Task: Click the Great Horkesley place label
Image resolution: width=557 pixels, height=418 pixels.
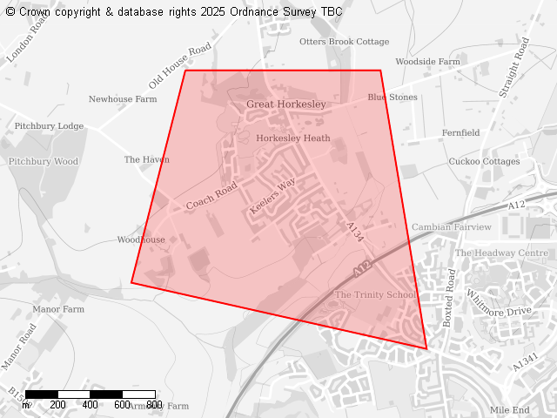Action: pos(285,104)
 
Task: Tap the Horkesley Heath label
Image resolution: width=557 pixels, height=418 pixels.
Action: pos(293,138)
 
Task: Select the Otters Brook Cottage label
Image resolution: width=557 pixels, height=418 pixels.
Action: pos(344,42)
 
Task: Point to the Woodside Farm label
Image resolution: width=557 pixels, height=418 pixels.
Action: pos(427,63)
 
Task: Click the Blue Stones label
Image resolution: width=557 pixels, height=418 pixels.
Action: pos(392,98)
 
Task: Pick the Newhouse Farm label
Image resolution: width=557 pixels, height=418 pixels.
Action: pos(123,99)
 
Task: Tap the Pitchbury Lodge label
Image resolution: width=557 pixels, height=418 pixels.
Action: pos(50,126)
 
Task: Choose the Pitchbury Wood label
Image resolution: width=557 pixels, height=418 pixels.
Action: pos(44,162)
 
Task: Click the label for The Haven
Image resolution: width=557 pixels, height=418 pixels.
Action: pos(146,160)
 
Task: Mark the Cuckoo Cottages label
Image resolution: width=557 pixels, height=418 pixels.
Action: pos(484,162)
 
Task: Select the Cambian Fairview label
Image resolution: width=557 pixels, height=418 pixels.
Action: pos(452,227)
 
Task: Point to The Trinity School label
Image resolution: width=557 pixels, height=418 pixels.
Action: pos(376,295)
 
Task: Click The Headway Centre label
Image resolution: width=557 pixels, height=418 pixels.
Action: pos(501,253)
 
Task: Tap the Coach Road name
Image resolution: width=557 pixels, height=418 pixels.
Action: pos(211,196)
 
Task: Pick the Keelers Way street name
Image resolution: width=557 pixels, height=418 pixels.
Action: pos(272,197)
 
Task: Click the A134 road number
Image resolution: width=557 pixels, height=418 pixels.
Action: pos(354,232)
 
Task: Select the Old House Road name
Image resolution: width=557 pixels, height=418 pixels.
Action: pos(180,64)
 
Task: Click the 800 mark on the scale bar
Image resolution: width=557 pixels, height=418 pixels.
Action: pos(154,405)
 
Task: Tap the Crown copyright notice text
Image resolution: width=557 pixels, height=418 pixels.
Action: pos(174,11)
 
